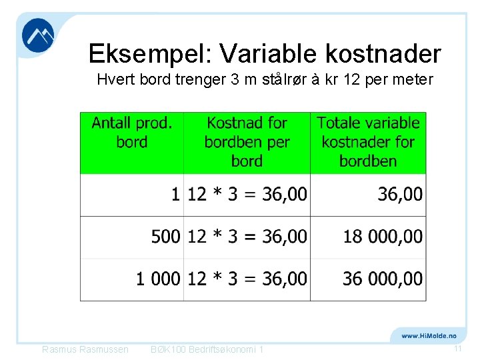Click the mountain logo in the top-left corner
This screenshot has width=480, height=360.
pyautogui.click(x=38, y=35)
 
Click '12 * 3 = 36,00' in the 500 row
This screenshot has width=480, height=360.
pyautogui.click(x=247, y=236)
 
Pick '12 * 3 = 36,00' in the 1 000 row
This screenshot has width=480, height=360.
pyautogui.click(x=247, y=278)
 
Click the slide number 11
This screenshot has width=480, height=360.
pyautogui.click(x=458, y=349)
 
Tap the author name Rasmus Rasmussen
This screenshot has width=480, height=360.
pyautogui.click(x=85, y=349)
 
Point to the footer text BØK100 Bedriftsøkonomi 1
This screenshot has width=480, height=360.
pyautogui.click(x=207, y=349)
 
